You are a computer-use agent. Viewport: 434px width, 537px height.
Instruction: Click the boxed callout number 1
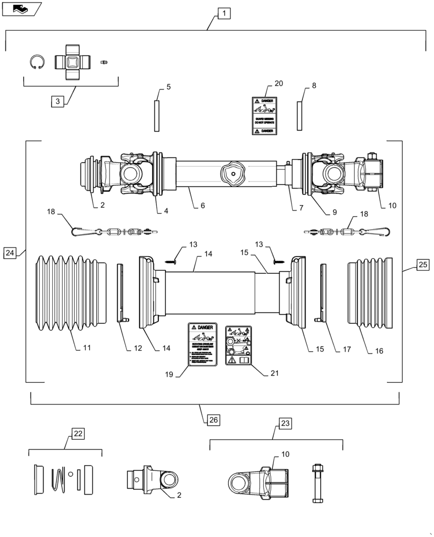(224, 14)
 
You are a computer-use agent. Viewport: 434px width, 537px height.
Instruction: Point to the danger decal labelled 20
(264, 115)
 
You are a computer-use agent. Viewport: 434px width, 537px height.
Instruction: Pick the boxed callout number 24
(11, 252)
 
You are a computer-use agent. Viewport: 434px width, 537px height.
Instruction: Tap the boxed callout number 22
(78, 433)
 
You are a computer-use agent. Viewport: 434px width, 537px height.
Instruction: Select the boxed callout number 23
(285, 423)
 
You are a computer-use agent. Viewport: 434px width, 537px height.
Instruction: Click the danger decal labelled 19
(201, 345)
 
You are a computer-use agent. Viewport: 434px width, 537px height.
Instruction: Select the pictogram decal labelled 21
(240, 345)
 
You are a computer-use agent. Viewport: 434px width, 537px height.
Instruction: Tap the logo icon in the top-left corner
(20, 8)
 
